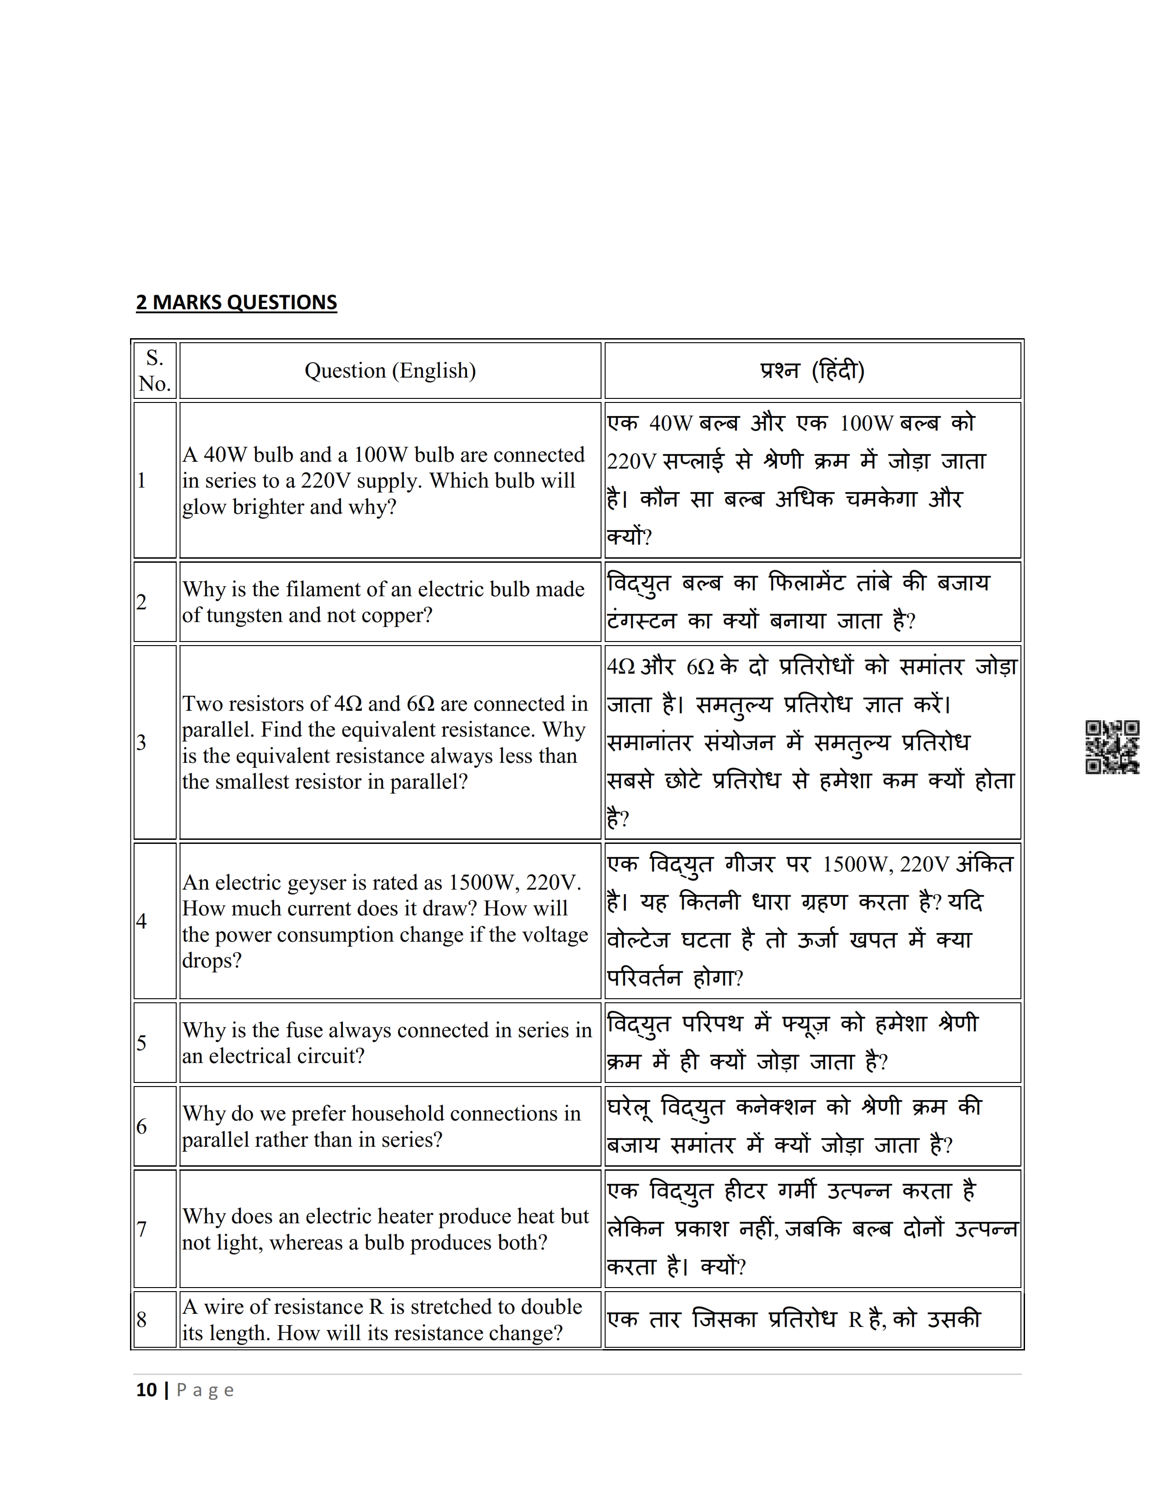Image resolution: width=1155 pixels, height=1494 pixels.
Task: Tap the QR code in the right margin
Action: (1112, 747)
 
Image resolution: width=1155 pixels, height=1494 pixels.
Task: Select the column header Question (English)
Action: (390, 371)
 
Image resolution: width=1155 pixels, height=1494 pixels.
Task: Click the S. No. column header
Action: (154, 371)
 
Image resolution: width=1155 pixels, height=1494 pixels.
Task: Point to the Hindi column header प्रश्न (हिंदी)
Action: (812, 371)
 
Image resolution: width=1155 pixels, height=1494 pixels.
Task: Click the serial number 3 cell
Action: (142, 742)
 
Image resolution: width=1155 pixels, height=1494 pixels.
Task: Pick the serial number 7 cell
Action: (142, 1229)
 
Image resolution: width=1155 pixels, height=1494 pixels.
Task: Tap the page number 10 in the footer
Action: (146, 1390)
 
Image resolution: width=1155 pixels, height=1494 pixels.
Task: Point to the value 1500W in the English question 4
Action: (484, 883)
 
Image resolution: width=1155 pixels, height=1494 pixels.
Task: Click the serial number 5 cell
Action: (142, 1043)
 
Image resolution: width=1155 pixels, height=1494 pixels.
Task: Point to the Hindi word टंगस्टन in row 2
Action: (641, 621)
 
